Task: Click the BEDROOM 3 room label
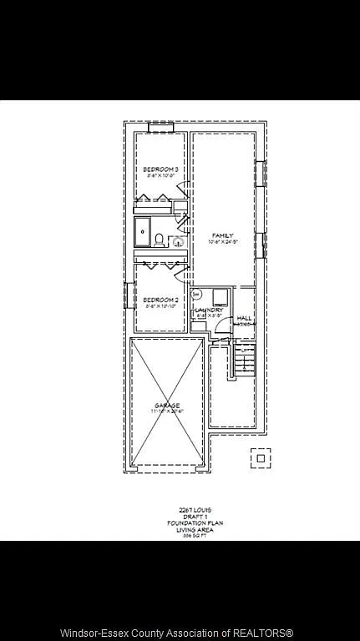click(x=160, y=169)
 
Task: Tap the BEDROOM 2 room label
click(x=160, y=300)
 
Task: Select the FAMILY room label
click(x=222, y=235)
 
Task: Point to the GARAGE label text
click(x=166, y=406)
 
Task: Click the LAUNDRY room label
click(x=209, y=310)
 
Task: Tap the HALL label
click(x=244, y=318)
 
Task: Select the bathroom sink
click(x=179, y=241)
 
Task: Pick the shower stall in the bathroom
click(x=143, y=233)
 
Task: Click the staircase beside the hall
click(x=243, y=359)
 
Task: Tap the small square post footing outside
click(x=261, y=458)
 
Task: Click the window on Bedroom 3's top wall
click(x=160, y=127)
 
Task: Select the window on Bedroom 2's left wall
click(x=129, y=295)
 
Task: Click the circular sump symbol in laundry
click(x=196, y=295)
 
